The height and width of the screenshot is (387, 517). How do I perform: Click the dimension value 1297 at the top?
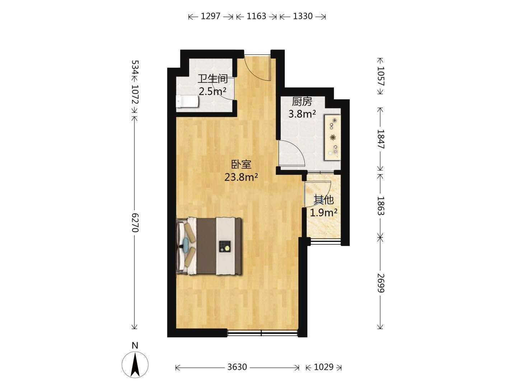[210, 16]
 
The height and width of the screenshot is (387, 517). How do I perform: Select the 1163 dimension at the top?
[256, 16]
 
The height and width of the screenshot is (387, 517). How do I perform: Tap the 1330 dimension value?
[303, 16]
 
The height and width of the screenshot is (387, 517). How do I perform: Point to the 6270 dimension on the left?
[135, 223]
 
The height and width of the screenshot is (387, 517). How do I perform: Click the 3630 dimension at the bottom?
[237, 367]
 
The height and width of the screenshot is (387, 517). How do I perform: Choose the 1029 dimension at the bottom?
[323, 367]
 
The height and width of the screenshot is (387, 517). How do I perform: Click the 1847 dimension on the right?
[380, 139]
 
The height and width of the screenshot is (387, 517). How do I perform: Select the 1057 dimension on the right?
[380, 76]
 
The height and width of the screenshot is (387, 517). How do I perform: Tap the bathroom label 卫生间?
[213, 79]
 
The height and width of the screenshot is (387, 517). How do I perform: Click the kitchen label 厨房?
[302, 102]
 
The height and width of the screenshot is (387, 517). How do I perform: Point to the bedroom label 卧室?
[241, 164]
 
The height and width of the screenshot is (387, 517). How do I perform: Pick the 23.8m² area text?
[241, 177]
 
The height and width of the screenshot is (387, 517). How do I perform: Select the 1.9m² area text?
[323, 212]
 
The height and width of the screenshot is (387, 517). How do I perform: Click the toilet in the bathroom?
[187, 101]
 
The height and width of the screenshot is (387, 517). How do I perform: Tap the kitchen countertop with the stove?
[332, 138]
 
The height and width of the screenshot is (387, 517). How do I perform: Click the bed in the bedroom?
[209, 246]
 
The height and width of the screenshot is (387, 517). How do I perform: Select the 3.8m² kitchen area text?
[302, 114]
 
